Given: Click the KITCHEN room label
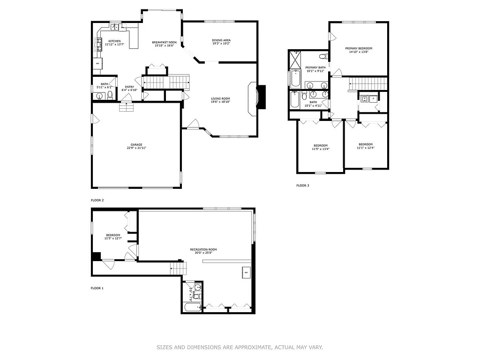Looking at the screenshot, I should (x=114, y=41).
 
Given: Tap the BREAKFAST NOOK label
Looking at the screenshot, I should (x=164, y=43).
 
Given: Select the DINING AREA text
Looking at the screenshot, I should (x=221, y=40).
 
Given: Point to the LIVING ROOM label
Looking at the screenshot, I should (x=220, y=98).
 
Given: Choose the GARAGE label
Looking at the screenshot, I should (x=136, y=144).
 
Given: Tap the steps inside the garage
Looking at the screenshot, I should (x=126, y=107).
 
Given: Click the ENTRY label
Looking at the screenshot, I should (x=129, y=87).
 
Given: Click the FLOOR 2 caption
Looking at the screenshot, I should (x=97, y=200).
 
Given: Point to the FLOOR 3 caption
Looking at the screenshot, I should (x=302, y=186).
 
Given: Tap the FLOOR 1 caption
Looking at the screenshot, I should (x=97, y=288).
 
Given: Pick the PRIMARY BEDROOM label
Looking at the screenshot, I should (x=359, y=48).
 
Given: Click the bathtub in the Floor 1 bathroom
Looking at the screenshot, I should (x=192, y=308).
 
